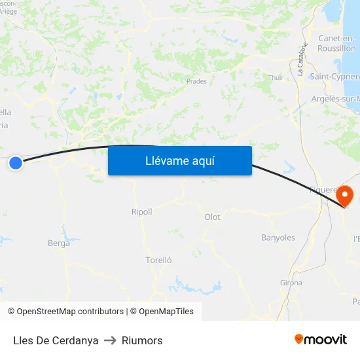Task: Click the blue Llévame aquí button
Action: [179, 161]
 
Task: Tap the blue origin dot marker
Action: [16, 163]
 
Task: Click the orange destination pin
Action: [344, 196]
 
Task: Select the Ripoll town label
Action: [141, 212]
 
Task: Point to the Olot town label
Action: [212, 217]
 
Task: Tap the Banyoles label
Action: [278, 238]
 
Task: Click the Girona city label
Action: [291, 283]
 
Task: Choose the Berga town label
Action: [59, 243]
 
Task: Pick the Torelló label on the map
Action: [158, 260]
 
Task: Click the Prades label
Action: [196, 82]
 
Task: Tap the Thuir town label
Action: [276, 78]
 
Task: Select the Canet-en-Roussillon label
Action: [336, 43]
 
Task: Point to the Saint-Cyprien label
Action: [334, 77]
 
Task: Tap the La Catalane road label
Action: [302, 60]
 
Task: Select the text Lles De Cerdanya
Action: [56, 340]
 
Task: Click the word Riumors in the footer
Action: [142, 340]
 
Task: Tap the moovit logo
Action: [321, 339]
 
